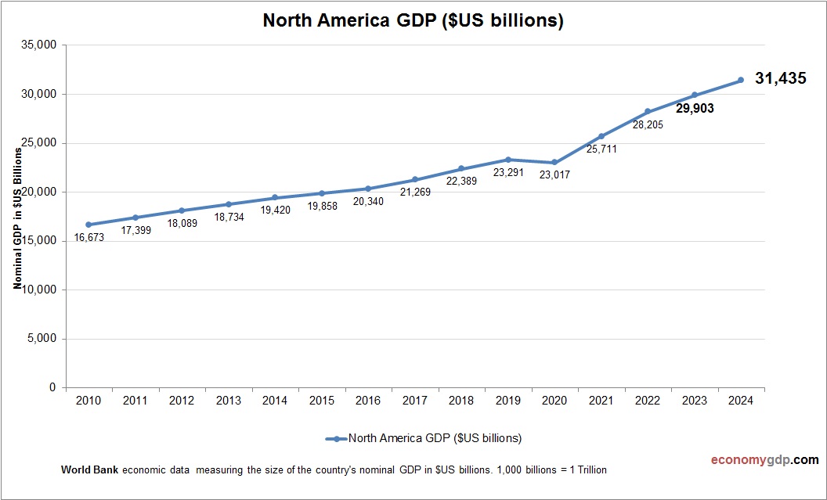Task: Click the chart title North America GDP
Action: point(413,21)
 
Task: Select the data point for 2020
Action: point(554,163)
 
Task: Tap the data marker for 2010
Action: point(88,225)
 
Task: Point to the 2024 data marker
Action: point(740,80)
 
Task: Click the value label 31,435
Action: point(780,78)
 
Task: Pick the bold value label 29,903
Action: point(695,109)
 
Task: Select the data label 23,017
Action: point(554,175)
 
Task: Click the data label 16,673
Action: point(88,237)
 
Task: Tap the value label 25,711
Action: point(601,149)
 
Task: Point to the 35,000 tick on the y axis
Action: point(40,45)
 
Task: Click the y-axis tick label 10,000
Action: point(40,290)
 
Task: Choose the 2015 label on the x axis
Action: point(321,401)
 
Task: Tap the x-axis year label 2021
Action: point(601,401)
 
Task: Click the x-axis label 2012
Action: point(182,401)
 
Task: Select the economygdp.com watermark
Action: point(754,460)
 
